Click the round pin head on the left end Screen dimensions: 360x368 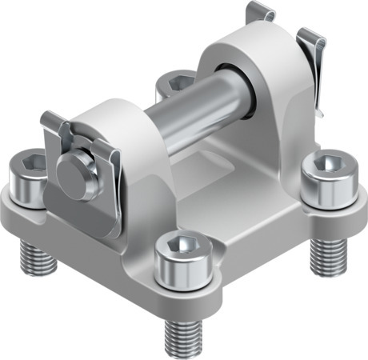tap(74, 166)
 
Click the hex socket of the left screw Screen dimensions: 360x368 tap(25, 165)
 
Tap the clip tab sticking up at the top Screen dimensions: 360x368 tap(260, 12)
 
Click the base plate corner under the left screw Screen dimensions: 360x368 tap(20, 216)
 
